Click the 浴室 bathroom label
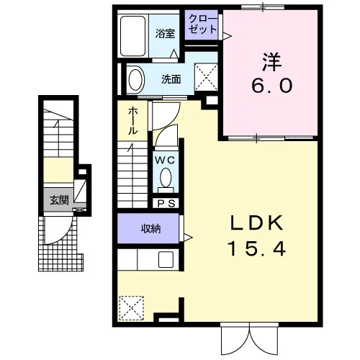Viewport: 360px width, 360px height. (x=165, y=34)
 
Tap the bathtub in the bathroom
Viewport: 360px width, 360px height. (x=132, y=36)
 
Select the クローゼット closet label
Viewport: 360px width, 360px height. (x=202, y=24)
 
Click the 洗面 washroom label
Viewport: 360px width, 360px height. (x=171, y=79)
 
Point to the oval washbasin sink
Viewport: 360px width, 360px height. (x=136, y=80)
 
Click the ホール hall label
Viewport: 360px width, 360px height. (x=132, y=121)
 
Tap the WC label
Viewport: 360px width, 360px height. (x=165, y=160)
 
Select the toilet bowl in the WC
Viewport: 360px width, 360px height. (x=166, y=178)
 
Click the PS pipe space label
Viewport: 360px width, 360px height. (x=166, y=204)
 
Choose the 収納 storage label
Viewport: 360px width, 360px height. (x=150, y=229)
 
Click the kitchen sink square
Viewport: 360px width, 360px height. (x=166, y=259)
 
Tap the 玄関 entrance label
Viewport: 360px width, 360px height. (x=59, y=199)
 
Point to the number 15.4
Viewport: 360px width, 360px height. (x=256, y=248)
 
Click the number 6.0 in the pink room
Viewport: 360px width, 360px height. (x=272, y=86)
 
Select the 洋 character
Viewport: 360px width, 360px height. (x=272, y=62)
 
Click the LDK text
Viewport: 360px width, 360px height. (x=256, y=223)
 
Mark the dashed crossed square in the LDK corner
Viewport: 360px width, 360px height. (x=132, y=308)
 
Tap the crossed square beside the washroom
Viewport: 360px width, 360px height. (x=206, y=77)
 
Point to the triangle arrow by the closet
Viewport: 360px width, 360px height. (x=228, y=36)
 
